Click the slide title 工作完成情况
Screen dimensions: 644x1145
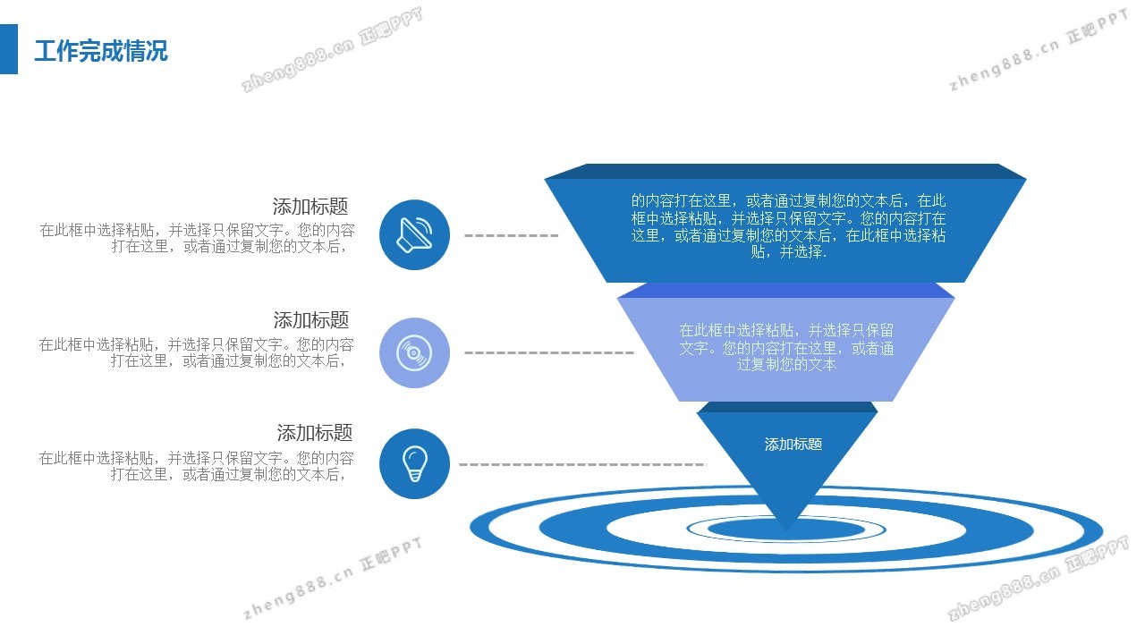tap(100, 51)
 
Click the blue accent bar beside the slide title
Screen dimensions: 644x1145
tap(8, 49)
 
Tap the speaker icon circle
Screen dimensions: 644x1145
tap(414, 234)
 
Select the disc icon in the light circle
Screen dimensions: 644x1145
tap(414, 352)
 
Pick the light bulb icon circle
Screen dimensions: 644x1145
tap(414, 463)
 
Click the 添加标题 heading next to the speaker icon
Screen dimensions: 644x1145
tap(310, 207)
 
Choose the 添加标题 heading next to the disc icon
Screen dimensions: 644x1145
tap(310, 320)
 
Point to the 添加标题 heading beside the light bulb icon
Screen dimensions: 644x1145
tap(314, 433)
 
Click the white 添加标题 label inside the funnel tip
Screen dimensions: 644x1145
tap(793, 444)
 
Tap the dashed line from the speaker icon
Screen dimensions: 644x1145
tap(511, 235)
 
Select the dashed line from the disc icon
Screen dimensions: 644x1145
tap(548, 352)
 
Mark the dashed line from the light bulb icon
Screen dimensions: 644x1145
tap(581, 464)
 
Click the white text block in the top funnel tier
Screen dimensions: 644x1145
tap(788, 226)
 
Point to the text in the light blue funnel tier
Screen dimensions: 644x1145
tap(786, 347)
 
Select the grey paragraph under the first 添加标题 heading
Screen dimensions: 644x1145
tap(197, 238)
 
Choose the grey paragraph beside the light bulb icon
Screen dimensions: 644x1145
tap(196, 466)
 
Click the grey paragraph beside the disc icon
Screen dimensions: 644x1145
tap(196, 352)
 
